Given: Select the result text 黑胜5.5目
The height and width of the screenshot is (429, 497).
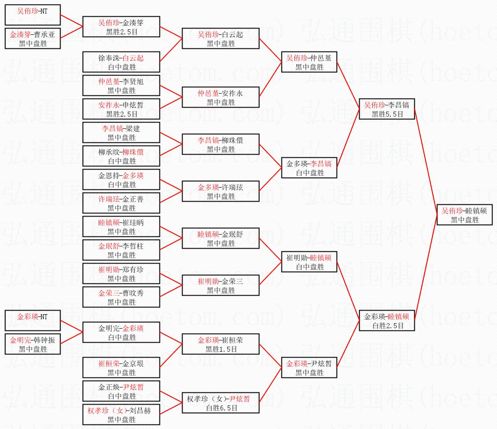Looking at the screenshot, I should [387, 114].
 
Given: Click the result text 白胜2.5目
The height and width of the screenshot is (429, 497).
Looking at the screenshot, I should [387, 325].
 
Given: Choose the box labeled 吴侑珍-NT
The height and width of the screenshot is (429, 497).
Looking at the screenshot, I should [33, 15].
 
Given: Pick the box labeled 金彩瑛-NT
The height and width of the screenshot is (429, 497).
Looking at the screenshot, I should [33, 321].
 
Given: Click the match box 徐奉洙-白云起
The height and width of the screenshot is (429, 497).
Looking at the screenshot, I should [122, 62].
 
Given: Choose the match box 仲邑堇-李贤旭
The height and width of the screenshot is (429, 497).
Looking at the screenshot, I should [122, 85].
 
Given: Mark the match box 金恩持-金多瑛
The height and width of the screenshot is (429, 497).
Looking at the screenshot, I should [122, 179].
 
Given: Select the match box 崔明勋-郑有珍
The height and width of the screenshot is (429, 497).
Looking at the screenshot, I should [122, 273].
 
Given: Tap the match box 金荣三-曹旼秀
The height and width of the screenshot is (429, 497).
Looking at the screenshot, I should [122, 297].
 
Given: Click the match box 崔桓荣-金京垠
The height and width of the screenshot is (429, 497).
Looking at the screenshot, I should [122, 368].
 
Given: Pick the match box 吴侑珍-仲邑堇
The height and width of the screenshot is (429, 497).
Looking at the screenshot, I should [309, 62].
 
